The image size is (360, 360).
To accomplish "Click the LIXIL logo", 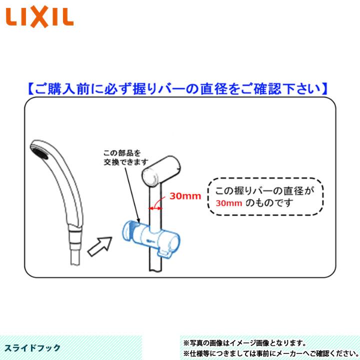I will (39, 17).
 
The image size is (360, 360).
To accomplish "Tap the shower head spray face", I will (40, 150).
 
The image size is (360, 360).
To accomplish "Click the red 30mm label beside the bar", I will (184, 196).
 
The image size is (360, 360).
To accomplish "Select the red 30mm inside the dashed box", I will (229, 203).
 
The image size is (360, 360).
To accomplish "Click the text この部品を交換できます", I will (126, 157).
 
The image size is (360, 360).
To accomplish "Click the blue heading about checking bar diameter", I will (177, 88).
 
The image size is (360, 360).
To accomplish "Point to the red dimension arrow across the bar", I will (156, 204).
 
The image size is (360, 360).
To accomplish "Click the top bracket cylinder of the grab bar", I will (160, 170).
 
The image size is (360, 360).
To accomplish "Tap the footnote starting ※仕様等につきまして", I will (269, 353).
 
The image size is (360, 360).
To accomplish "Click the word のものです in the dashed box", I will (268, 203).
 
